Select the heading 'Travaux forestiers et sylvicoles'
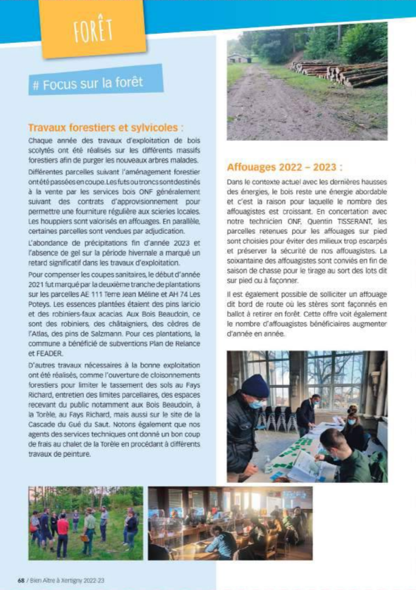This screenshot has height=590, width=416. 105,128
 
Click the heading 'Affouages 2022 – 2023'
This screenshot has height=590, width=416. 285,168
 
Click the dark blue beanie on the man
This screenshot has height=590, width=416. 255,386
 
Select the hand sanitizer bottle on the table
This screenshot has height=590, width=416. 268,464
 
